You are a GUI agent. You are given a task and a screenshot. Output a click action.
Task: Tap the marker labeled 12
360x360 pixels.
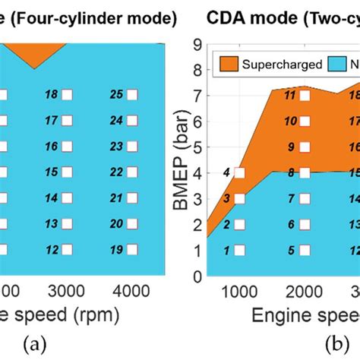pos(67,249)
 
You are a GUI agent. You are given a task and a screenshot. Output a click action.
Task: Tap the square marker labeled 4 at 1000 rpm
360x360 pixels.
pos(240,173)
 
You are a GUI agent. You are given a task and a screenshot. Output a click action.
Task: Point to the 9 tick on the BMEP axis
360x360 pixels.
pos(197,46)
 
